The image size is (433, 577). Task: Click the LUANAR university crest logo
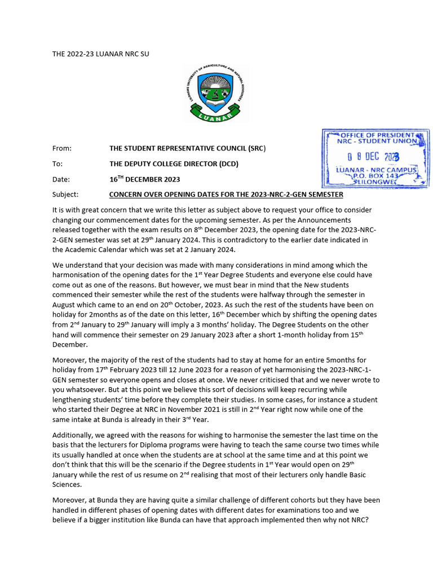point(216,93)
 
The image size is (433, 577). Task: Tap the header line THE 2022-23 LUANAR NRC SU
point(101,54)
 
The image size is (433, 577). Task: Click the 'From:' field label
point(62,148)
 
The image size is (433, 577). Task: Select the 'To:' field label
point(58,164)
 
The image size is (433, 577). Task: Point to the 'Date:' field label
point(61,180)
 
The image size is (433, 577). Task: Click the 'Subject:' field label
point(66,195)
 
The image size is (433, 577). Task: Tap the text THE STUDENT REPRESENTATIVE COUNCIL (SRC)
point(187,148)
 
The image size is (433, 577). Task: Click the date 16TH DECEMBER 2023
point(145,180)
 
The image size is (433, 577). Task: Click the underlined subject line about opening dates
point(226,195)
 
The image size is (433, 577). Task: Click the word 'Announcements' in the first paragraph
point(323,220)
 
